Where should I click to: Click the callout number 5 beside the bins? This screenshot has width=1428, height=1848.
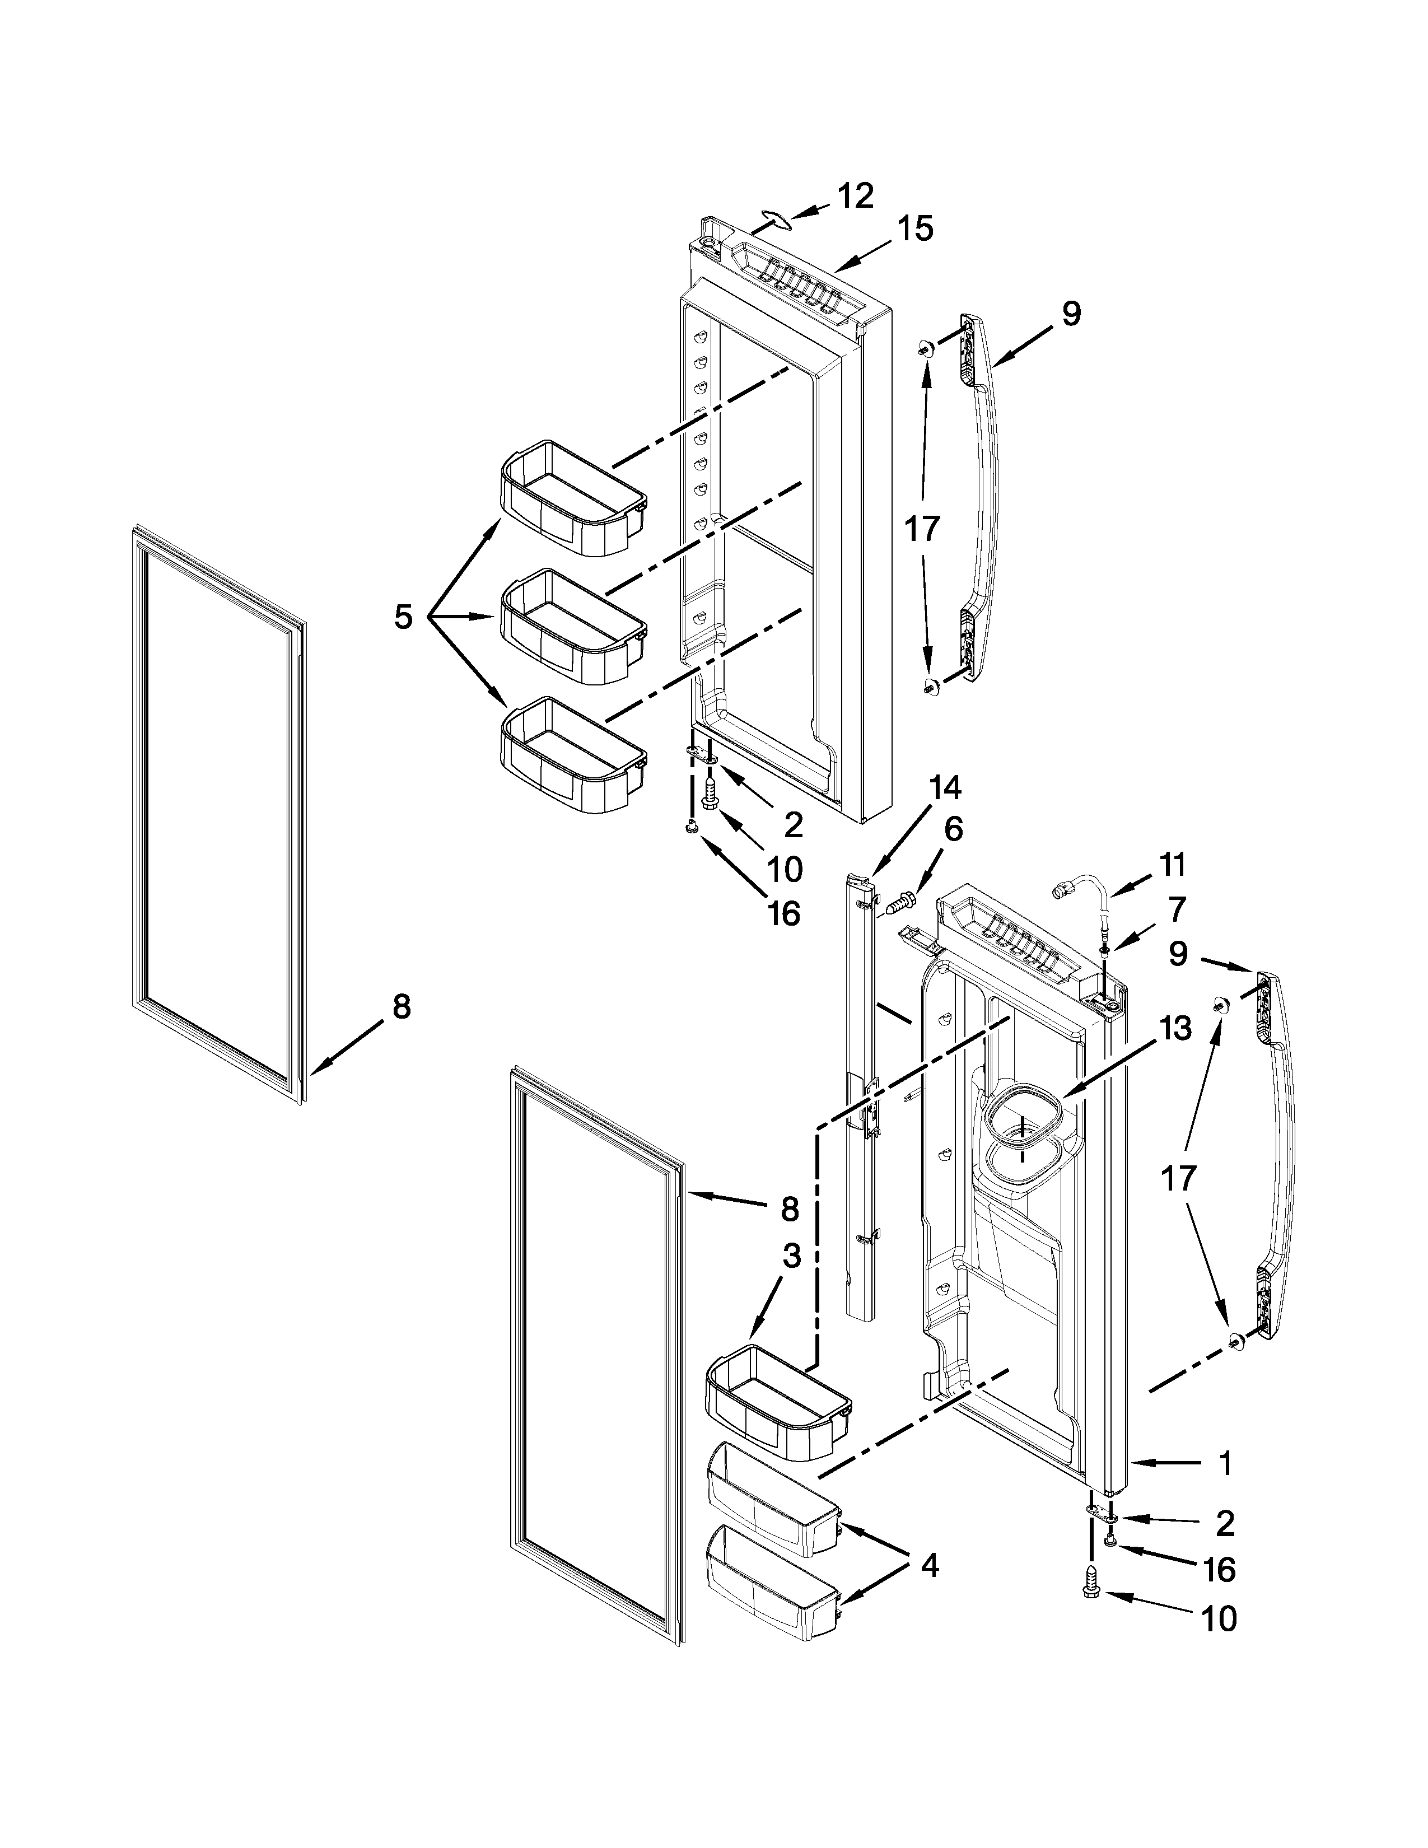pos(403,617)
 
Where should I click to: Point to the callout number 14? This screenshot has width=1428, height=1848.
pos(945,788)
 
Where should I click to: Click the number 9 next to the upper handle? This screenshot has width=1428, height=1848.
pos(1071,314)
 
